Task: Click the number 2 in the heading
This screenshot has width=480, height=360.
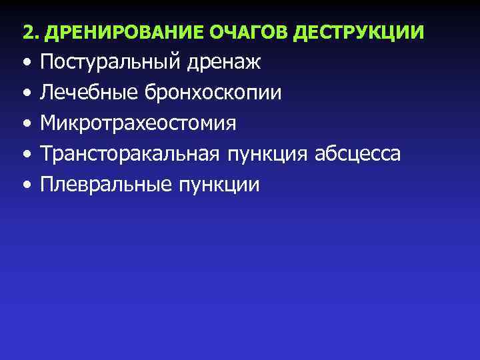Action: [x=27, y=31]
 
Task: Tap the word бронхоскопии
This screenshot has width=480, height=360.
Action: [x=212, y=94]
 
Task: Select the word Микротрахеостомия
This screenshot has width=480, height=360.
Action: [x=147, y=123]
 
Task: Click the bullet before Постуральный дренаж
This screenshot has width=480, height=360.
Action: [x=25, y=63]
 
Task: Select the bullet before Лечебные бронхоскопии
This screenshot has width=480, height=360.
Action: [x=25, y=94]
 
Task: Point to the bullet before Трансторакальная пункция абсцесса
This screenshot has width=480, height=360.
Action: [x=25, y=155]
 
